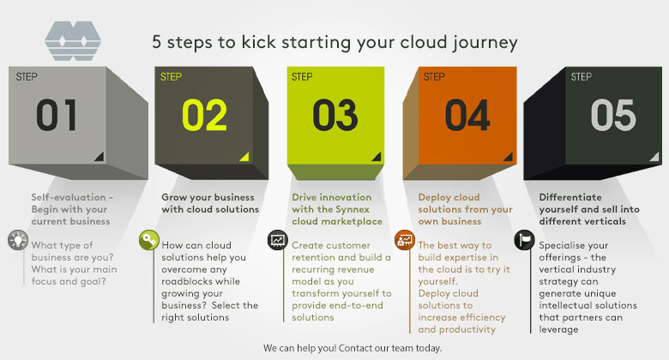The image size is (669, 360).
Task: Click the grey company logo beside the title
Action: (x=73, y=40)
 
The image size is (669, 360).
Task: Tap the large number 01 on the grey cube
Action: (x=57, y=115)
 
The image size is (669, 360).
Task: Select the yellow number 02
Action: (x=204, y=115)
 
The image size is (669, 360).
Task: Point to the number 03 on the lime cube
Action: (x=334, y=115)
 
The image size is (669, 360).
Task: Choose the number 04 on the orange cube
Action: (x=467, y=115)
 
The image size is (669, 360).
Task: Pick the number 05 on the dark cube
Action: (x=613, y=115)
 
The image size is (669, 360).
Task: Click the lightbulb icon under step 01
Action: (x=18, y=240)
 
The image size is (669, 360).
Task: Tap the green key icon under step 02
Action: (x=149, y=240)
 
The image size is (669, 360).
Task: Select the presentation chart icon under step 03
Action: (x=278, y=240)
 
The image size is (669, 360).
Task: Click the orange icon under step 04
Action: (x=405, y=240)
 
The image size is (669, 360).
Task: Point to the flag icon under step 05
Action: (x=524, y=240)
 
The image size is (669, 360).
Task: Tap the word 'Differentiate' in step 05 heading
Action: (x=570, y=197)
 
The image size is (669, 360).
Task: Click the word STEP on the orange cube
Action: (x=434, y=77)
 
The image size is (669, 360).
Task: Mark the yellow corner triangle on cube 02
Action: (x=245, y=157)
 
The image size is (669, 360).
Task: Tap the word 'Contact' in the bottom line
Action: (x=353, y=348)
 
